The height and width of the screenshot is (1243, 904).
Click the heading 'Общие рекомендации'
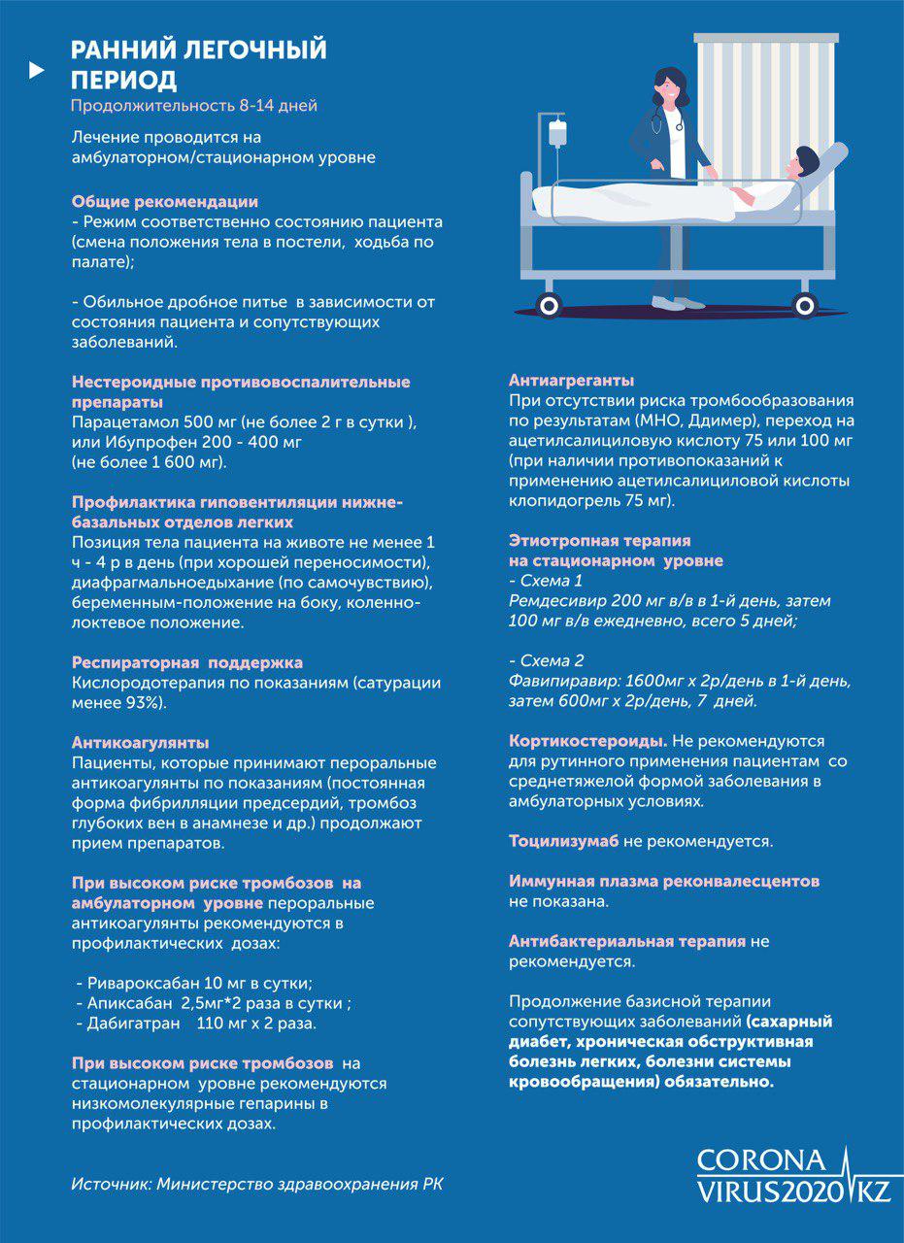[165, 202]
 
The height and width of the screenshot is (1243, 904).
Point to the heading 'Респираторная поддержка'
[187, 662]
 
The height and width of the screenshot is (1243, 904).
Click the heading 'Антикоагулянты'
[141, 743]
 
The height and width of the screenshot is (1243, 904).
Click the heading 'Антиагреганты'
[572, 380]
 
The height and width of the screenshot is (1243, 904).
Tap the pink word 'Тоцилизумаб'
[564, 840]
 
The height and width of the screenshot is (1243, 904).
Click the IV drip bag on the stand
[557, 133]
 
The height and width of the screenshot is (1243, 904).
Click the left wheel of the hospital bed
[550, 305]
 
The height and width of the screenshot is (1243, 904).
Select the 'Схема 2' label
[550, 659]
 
